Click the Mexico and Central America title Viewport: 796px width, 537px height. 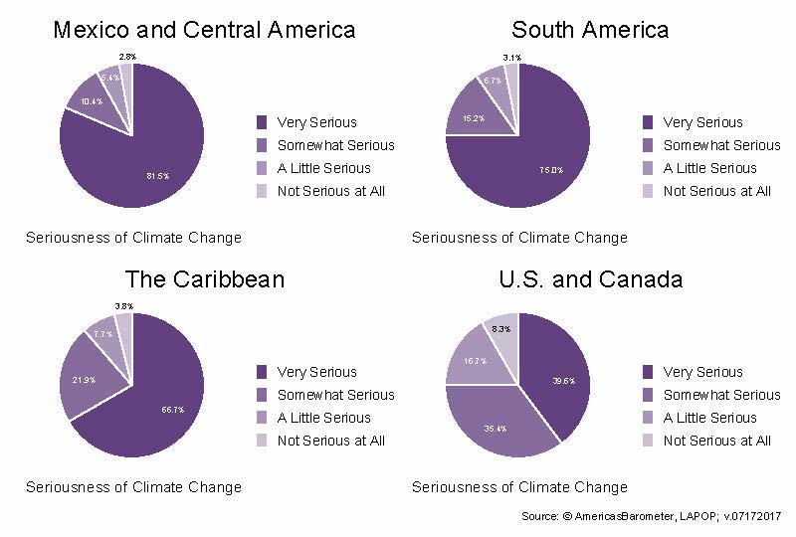[x=203, y=30]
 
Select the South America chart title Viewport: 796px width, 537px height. [x=590, y=30]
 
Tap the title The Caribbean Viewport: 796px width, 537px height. [x=204, y=279]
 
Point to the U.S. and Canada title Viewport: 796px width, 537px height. [x=590, y=279]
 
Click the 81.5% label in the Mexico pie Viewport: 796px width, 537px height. [x=157, y=176]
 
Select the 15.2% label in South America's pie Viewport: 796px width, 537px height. [x=474, y=119]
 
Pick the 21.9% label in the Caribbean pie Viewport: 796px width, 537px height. [x=84, y=380]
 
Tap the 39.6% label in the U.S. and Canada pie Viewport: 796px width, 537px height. [x=563, y=381]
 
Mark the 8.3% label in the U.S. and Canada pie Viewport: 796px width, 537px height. [x=501, y=328]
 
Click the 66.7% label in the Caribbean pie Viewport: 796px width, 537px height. [x=172, y=410]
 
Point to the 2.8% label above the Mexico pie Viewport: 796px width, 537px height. [x=127, y=57]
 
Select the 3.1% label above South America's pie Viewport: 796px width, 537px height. [x=511, y=57]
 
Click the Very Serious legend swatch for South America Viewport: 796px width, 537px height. [x=648, y=122]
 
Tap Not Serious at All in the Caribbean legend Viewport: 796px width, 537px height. [x=330, y=441]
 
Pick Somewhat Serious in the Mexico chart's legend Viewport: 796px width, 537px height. [x=335, y=145]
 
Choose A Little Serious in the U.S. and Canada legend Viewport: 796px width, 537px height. [x=709, y=418]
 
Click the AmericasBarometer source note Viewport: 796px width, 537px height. [x=652, y=517]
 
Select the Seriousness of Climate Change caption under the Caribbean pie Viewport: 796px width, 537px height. [x=133, y=487]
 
